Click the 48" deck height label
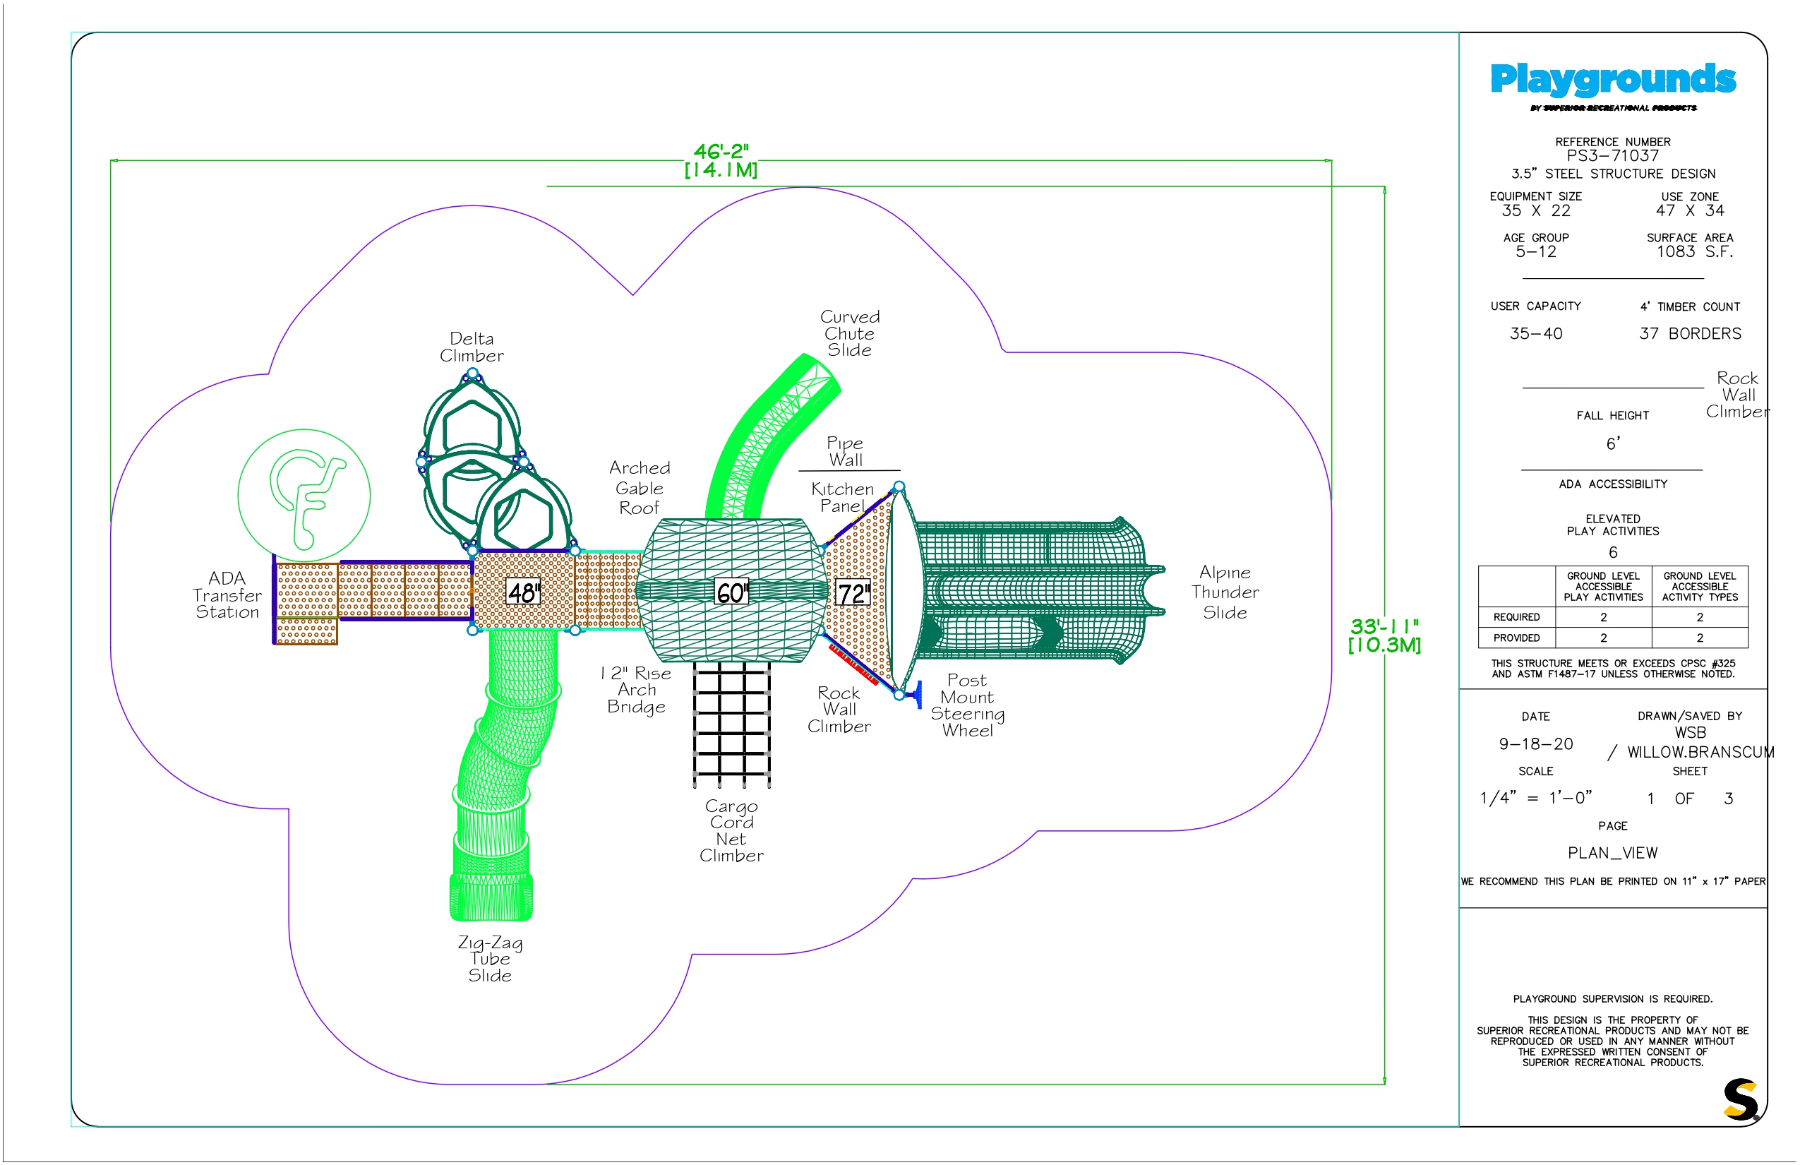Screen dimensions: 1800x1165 click(x=523, y=592)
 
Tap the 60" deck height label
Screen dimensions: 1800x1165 click(x=731, y=592)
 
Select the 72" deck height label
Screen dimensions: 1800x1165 click(x=851, y=594)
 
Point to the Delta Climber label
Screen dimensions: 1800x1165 click(x=472, y=347)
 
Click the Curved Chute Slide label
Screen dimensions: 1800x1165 click(x=850, y=333)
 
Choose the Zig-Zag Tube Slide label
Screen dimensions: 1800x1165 click(x=490, y=959)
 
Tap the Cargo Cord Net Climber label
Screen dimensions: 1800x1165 click(x=731, y=830)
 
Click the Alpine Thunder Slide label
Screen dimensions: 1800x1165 click(x=1225, y=592)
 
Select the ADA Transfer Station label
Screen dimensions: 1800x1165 click(x=227, y=595)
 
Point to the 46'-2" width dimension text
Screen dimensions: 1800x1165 click(x=721, y=160)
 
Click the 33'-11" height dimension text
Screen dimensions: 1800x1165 click(x=1385, y=635)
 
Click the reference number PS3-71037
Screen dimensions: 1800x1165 click(x=1612, y=156)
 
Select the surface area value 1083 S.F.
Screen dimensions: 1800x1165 click(x=1694, y=252)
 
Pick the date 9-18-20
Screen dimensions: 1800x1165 click(x=1536, y=744)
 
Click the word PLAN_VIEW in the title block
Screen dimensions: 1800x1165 click(x=1612, y=854)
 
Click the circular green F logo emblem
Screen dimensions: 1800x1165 click(x=304, y=496)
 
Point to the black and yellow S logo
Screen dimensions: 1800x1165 click(x=1741, y=1099)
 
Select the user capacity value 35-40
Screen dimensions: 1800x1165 click(x=1536, y=333)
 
